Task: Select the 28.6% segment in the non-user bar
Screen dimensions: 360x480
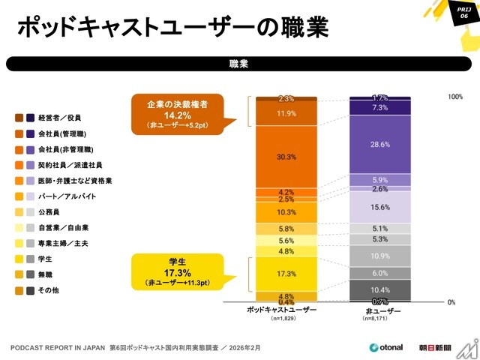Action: (379, 144)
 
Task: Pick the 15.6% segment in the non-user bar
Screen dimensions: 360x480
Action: (379, 207)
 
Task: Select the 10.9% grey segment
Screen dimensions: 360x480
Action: (379, 256)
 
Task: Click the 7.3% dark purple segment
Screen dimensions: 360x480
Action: (379, 108)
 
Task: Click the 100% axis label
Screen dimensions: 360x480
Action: (455, 97)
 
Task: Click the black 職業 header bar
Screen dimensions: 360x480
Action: (239, 64)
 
